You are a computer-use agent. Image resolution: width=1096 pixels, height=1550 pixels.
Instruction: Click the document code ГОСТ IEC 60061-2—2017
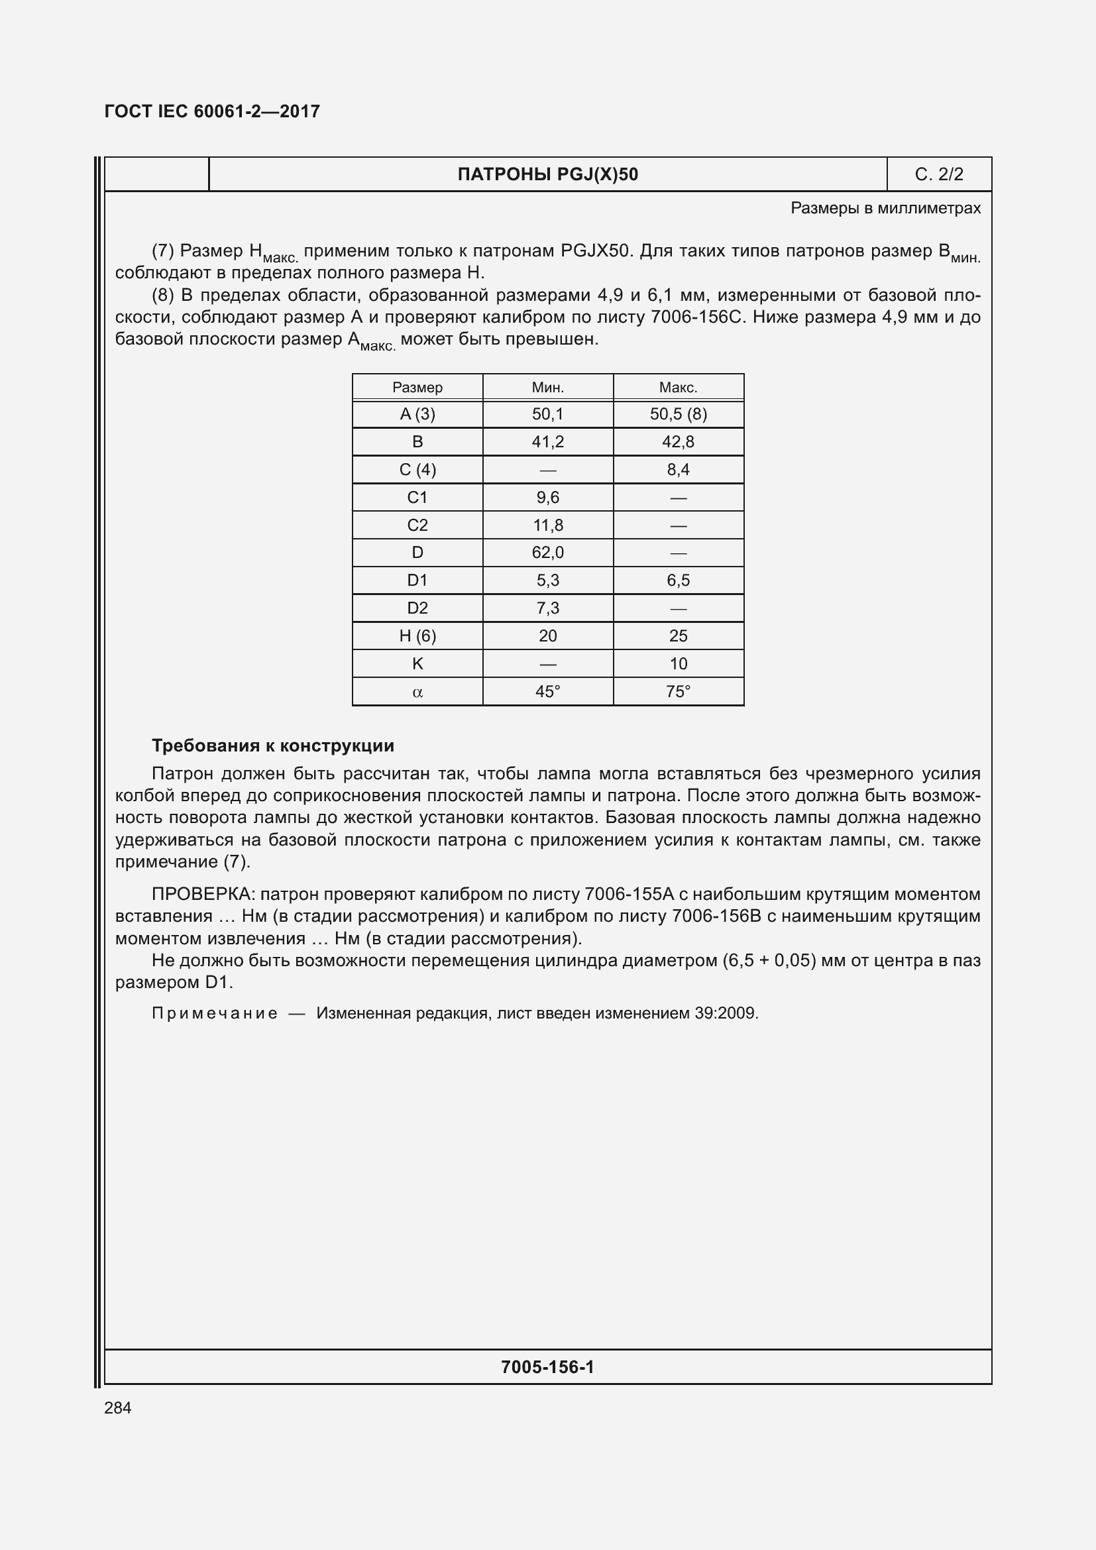[212, 111]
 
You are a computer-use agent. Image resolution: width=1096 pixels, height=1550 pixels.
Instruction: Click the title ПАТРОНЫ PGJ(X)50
[547, 175]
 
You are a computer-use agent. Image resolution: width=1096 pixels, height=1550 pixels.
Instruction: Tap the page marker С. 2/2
[938, 175]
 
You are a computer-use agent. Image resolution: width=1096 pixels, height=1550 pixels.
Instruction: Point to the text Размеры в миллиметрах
[885, 209]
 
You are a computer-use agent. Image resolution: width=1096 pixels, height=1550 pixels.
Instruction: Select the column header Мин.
[547, 388]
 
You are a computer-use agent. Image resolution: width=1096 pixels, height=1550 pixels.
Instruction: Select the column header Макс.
[678, 388]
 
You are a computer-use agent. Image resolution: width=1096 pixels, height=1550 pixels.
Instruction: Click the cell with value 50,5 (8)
[678, 414]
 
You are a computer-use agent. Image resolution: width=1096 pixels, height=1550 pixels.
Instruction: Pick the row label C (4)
[417, 470]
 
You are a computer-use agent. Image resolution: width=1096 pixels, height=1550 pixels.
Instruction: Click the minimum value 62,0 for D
[547, 553]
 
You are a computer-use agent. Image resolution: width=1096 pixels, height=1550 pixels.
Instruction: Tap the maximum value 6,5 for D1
[678, 581]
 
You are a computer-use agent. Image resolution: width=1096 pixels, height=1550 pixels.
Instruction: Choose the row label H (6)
[417, 636]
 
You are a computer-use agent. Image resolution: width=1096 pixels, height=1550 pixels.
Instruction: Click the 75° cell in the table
[678, 692]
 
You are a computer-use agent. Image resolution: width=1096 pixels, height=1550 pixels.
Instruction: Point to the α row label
[417, 692]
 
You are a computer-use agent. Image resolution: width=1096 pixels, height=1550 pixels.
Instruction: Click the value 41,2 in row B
[547, 442]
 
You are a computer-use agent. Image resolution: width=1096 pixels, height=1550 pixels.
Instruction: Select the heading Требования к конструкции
[272, 746]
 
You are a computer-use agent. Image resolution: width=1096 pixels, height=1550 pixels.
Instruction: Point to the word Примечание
[214, 1013]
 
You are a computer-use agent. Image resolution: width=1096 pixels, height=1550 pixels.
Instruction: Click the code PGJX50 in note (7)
[594, 251]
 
